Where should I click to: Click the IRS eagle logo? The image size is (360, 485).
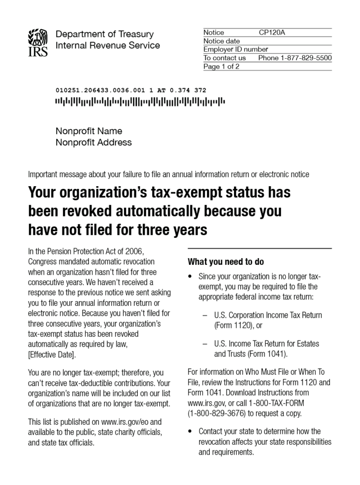[38, 42]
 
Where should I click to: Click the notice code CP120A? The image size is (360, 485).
[272, 33]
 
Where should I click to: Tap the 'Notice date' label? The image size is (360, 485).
[222, 41]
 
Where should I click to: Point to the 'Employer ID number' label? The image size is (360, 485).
[235, 49]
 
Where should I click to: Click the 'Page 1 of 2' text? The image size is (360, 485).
[221, 66]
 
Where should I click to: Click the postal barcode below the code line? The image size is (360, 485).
[140, 101]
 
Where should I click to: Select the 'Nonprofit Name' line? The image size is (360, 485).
[89, 131]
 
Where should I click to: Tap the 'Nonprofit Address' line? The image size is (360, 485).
[94, 143]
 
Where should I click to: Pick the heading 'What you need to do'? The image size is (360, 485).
[226, 262]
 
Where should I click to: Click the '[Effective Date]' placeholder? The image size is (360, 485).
[52, 355]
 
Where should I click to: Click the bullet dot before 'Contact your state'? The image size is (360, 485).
[190, 431]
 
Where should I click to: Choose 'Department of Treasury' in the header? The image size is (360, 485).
[105, 34]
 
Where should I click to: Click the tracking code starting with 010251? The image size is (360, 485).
[131, 90]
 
